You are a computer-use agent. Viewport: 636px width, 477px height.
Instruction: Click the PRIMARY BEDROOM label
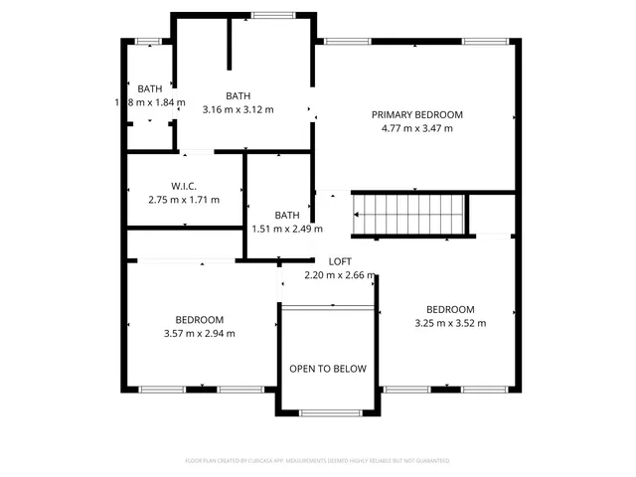click(x=417, y=114)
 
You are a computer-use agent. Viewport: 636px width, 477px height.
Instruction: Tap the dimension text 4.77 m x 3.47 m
click(x=417, y=128)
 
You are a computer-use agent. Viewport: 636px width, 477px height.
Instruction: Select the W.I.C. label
click(x=183, y=186)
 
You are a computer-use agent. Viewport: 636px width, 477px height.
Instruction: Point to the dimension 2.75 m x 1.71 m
click(x=183, y=200)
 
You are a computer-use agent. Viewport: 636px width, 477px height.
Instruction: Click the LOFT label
click(x=340, y=261)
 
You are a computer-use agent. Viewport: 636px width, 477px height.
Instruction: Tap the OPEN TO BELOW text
click(x=328, y=369)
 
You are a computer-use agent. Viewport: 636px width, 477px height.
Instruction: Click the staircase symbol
click(x=410, y=215)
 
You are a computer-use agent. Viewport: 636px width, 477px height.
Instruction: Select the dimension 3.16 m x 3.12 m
click(x=238, y=109)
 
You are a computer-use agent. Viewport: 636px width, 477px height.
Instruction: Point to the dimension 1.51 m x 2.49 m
click(x=287, y=229)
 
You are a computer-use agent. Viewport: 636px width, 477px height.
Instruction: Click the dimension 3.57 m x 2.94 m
click(x=200, y=333)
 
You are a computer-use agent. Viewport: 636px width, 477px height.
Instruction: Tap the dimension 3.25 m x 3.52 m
click(x=450, y=322)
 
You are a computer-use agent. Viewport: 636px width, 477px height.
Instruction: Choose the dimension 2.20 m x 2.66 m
click(x=340, y=275)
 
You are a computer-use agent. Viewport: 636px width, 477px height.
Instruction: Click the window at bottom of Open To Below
click(x=328, y=412)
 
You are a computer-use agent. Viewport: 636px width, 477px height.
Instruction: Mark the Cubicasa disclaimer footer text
click(x=318, y=461)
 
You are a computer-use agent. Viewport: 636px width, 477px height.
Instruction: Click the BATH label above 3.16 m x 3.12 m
click(x=238, y=95)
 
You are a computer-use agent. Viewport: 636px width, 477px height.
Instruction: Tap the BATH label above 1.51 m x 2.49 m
click(x=287, y=215)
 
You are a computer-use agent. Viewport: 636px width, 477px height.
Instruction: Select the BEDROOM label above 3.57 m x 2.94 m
click(x=200, y=319)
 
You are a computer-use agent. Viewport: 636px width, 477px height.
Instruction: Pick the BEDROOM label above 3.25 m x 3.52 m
click(x=450, y=308)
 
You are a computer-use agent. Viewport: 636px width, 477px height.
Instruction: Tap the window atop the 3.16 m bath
click(x=265, y=15)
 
